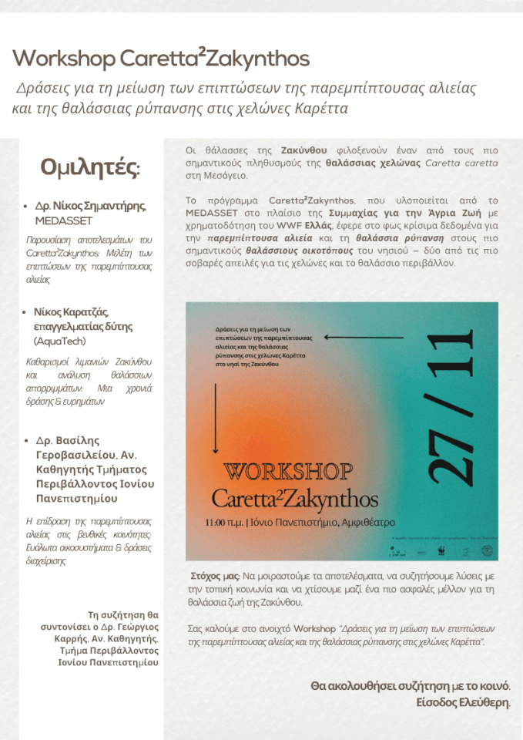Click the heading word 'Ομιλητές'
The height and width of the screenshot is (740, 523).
[89, 168]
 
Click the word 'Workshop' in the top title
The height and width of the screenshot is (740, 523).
[64, 59]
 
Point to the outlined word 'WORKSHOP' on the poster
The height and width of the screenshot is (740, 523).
[289, 470]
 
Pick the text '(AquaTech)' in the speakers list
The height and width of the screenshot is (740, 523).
[59, 341]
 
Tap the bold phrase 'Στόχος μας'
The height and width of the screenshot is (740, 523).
[215, 575]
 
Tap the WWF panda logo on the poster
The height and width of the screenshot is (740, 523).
[463, 550]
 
